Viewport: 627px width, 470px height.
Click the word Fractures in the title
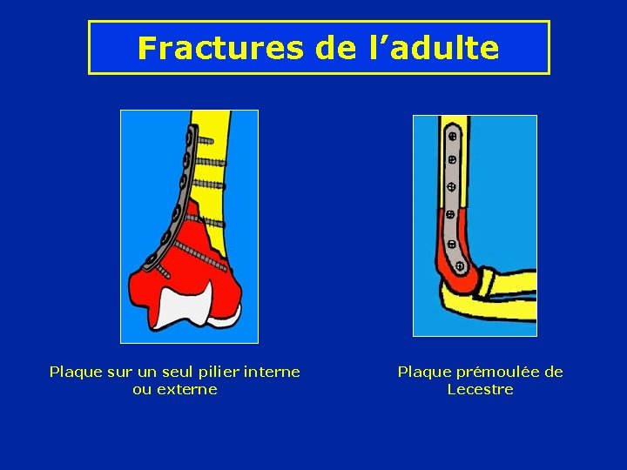click(219, 48)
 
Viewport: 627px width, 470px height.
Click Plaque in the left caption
click(75, 373)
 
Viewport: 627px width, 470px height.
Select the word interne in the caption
click(272, 373)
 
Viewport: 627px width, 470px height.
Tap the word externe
click(187, 390)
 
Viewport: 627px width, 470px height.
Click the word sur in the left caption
click(118, 373)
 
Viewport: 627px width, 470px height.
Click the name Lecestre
click(480, 390)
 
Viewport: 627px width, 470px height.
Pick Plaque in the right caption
click(423, 373)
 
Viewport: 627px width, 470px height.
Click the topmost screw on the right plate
click(453, 137)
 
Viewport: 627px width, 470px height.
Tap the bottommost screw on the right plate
click(457, 264)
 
